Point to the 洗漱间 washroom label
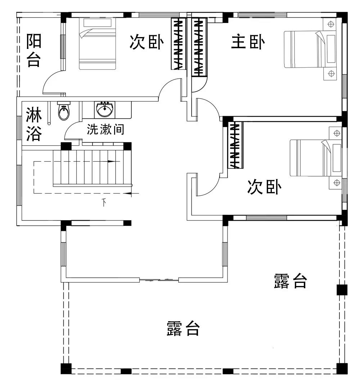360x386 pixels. point(105,129)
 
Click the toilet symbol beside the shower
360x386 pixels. point(64,112)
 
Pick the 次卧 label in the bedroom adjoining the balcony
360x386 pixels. point(147,42)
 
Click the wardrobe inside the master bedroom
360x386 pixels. point(200,47)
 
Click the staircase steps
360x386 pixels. point(92,167)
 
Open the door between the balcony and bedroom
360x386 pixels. point(53,81)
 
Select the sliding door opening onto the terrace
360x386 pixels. point(159,280)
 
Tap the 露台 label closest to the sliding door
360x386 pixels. point(183,328)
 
